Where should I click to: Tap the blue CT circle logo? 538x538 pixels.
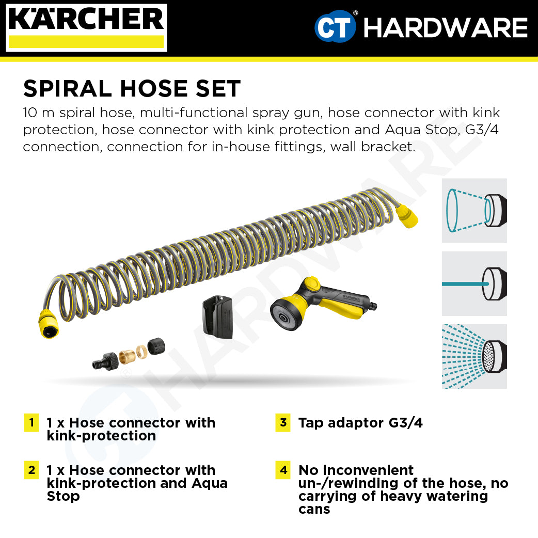335,27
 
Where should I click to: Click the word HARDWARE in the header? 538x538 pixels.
445,28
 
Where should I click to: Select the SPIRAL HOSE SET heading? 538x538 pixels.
132,89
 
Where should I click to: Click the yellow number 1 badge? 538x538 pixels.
31,423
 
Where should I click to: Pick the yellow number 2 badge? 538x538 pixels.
31,470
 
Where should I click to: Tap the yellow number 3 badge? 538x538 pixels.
283,423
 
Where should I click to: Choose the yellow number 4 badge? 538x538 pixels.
283,470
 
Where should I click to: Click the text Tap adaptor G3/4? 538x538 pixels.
360,423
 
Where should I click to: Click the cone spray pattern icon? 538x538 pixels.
474,211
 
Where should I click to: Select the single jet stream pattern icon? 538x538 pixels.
474,283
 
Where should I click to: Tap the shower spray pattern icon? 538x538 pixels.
474,356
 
